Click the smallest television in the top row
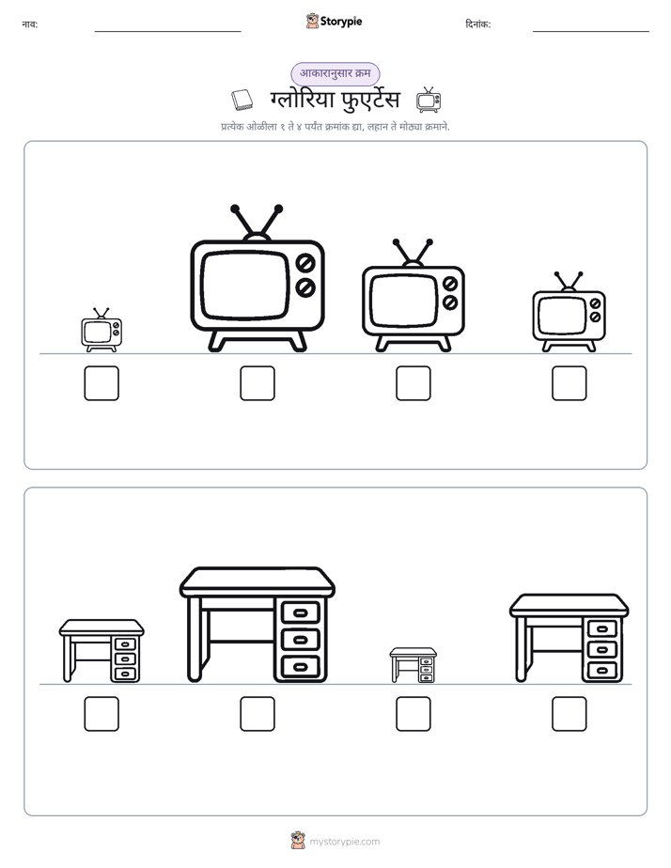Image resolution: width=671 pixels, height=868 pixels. tap(101, 330)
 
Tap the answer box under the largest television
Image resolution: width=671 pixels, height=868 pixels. tap(257, 383)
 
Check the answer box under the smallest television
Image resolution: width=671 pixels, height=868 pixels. tap(101, 383)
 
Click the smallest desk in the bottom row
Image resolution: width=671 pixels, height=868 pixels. tap(413, 665)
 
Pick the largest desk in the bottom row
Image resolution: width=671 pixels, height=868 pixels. tap(257, 625)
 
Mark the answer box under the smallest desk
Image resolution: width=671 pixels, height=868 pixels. tap(413, 714)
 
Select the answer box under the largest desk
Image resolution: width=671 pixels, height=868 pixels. tap(257, 714)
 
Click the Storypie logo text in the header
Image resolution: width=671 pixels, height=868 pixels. tap(341, 22)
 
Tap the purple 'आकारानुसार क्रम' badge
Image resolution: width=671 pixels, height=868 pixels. tap(335, 73)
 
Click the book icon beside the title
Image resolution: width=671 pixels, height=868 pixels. tap(242, 100)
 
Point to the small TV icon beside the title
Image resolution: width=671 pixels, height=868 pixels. tap(429, 100)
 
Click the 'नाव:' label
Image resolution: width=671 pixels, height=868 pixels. tap(30, 24)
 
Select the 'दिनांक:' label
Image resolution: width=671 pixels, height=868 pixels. tap(478, 24)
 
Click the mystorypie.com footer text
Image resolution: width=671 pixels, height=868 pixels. tap(344, 842)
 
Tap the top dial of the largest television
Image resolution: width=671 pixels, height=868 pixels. tap(305, 262)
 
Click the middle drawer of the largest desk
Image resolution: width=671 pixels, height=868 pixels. tap(300, 640)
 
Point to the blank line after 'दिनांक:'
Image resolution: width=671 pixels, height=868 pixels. tap(591, 31)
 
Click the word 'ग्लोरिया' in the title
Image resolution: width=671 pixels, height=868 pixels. tap(303, 100)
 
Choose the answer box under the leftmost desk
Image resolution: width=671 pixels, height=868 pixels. tap(101, 714)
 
